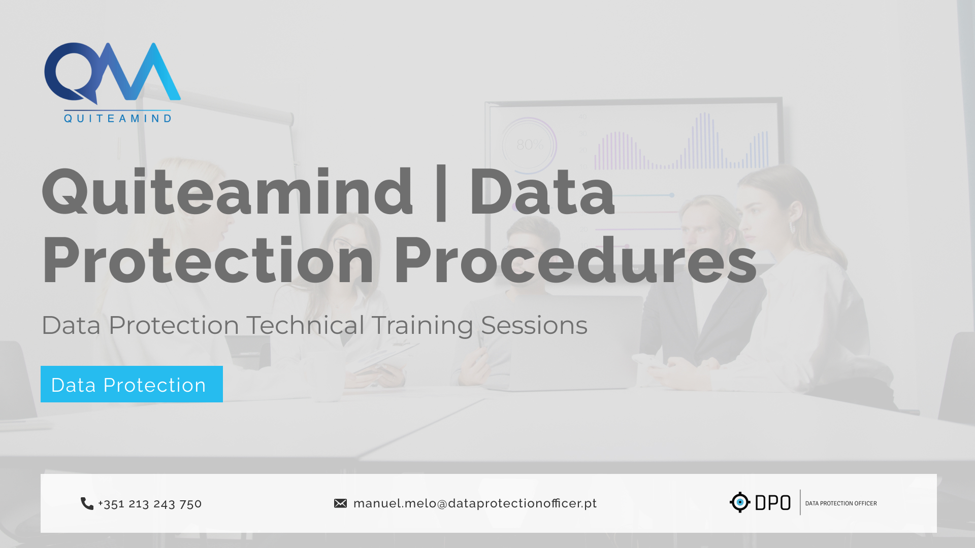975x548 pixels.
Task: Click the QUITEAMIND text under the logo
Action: (118, 118)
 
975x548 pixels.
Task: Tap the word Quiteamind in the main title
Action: (227, 192)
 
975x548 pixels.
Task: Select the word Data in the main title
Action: (542, 192)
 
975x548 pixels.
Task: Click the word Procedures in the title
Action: (575, 260)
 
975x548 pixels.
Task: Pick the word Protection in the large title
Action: (208, 260)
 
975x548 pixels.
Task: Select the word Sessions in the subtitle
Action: (534, 325)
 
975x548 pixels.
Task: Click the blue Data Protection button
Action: (132, 384)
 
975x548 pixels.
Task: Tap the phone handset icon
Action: (87, 503)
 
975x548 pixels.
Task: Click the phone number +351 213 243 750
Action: (150, 503)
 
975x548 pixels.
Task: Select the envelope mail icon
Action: (340, 503)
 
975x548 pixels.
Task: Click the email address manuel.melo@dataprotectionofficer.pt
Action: (475, 503)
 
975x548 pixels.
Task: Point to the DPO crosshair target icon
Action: (740, 502)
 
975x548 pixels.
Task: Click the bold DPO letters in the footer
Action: (773, 503)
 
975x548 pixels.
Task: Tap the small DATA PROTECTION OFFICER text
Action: (841, 503)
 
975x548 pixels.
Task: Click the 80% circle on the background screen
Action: (529, 146)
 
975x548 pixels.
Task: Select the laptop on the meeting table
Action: (559, 342)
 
